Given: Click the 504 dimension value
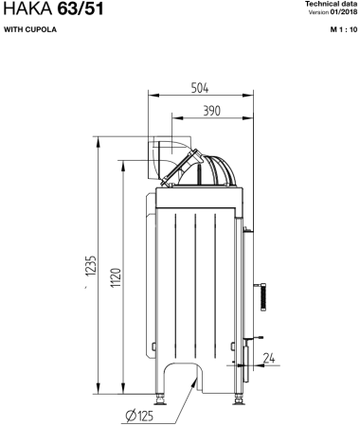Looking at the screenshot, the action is coord(200,88).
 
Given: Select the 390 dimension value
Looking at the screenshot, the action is coord(211,111).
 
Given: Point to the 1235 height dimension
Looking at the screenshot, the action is coord(91,265).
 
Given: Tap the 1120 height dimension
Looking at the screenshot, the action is coord(116,277).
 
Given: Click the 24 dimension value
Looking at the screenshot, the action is coord(269,358).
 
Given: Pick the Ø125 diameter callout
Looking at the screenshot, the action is coord(139,416).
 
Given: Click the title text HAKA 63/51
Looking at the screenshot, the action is coord(53,9).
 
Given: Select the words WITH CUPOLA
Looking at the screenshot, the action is coord(30,29).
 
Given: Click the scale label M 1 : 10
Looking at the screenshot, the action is coord(344,29).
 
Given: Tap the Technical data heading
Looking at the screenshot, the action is coord(332,4).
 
